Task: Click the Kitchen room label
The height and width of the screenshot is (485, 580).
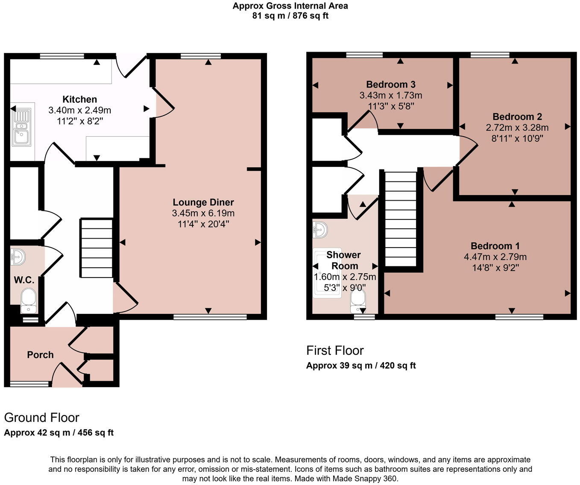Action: pyautogui.click(x=79, y=99)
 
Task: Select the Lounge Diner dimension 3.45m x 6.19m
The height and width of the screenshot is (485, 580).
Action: pyautogui.click(x=203, y=213)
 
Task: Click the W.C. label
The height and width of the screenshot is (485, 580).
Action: pyautogui.click(x=24, y=280)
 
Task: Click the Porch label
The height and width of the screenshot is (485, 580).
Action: pyautogui.click(x=40, y=355)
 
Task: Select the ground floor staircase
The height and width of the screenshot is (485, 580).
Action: pyautogui.click(x=97, y=248)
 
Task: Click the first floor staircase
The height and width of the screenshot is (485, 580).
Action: pyautogui.click(x=401, y=219)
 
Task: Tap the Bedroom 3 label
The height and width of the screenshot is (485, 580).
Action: pyautogui.click(x=390, y=84)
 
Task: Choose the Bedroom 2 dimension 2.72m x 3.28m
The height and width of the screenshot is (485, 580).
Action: pyautogui.click(x=517, y=127)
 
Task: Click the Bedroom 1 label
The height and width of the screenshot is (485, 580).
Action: pyautogui.click(x=495, y=245)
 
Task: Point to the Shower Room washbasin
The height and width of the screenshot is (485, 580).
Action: pyautogui.click(x=320, y=230)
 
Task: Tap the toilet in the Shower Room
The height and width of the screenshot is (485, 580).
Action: pyautogui.click(x=358, y=301)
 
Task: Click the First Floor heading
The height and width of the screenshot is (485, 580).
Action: pyautogui.click(x=335, y=351)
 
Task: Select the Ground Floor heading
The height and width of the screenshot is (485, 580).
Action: pyautogui.click(x=42, y=418)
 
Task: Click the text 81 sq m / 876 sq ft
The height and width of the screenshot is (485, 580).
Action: pyautogui.click(x=290, y=15)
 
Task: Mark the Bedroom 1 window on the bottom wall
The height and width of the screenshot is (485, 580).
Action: pyautogui.click(x=519, y=317)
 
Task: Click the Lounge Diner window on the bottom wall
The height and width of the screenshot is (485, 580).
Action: pyautogui.click(x=210, y=317)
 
